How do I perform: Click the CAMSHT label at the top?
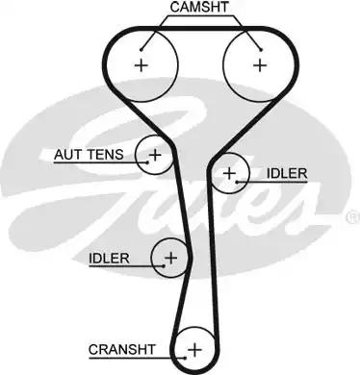click(199, 9)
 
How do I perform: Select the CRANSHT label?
click(120, 347)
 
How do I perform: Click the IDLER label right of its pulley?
click(286, 174)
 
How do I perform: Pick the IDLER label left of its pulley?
click(109, 257)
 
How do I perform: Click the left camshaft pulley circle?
click(142, 65)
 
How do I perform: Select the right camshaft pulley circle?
click(259, 65)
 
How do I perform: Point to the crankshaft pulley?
click(195, 347)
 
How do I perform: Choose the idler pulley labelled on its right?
click(229, 174)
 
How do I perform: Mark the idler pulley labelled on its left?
click(170, 257)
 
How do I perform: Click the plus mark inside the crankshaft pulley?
click(195, 347)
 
